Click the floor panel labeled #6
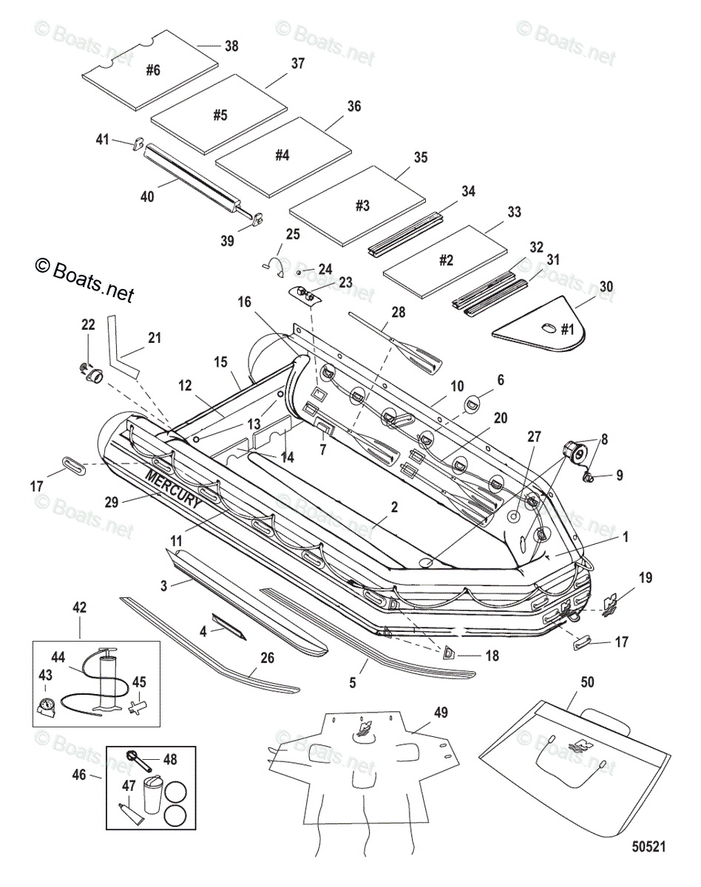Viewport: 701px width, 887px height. click(x=152, y=71)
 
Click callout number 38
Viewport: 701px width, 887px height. click(x=231, y=46)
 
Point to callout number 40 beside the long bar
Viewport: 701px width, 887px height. click(x=148, y=197)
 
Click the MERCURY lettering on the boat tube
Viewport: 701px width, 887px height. click(x=174, y=489)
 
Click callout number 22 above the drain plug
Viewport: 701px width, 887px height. click(x=88, y=325)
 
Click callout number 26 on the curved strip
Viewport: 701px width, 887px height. click(x=266, y=656)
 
